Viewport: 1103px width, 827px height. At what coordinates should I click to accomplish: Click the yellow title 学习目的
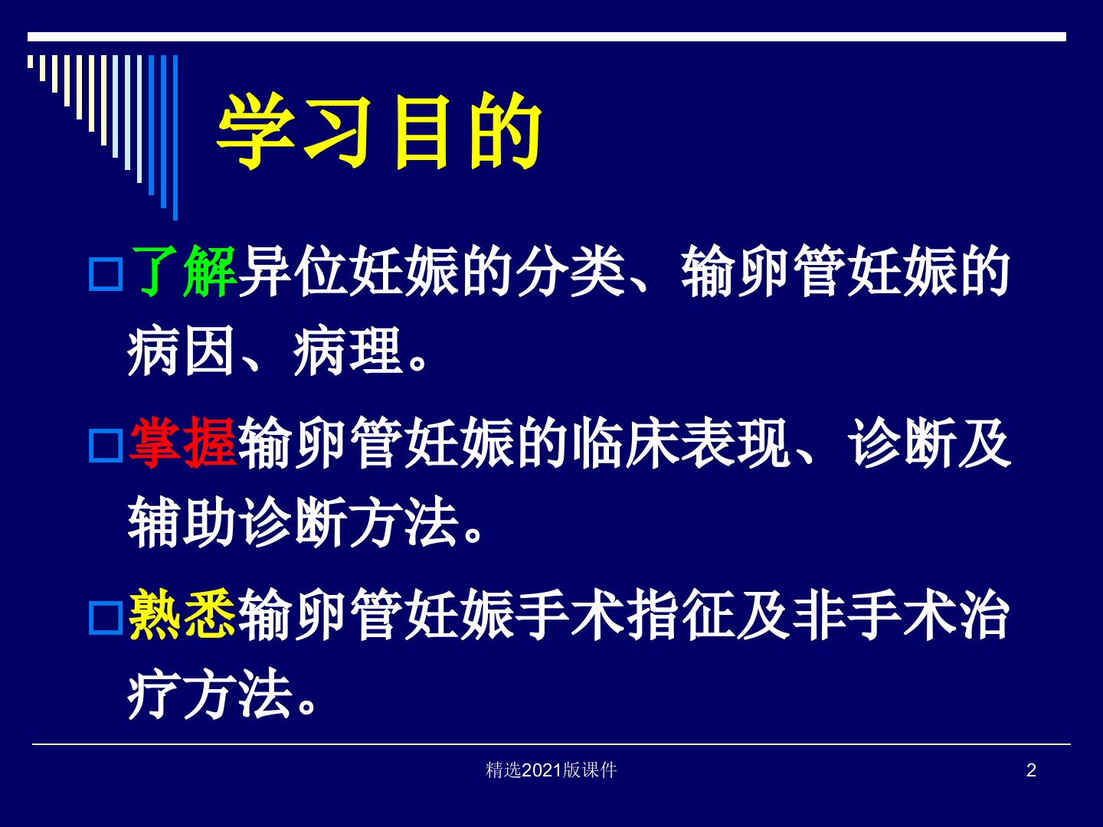[x=379, y=132]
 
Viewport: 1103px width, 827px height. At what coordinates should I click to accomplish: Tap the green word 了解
[x=183, y=272]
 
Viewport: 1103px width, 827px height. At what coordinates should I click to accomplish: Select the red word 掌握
[x=182, y=443]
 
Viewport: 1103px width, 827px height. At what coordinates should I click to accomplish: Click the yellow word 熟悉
[x=182, y=614]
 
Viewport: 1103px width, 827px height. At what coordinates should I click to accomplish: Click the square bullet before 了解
[x=106, y=274]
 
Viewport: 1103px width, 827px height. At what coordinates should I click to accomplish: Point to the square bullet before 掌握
[x=106, y=446]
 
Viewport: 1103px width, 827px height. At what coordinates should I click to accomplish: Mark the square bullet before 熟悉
[x=106, y=618]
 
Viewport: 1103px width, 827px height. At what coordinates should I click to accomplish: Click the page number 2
[x=1031, y=770]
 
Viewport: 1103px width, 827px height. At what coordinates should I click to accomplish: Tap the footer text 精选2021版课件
[x=551, y=770]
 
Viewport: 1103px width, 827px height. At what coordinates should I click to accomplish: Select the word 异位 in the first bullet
[x=293, y=272]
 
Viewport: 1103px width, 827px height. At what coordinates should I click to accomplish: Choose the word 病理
[x=348, y=351]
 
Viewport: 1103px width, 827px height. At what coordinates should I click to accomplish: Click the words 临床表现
[x=681, y=443]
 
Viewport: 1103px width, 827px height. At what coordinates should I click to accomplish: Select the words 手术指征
[x=626, y=614]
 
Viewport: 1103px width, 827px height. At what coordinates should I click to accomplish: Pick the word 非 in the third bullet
[x=819, y=614]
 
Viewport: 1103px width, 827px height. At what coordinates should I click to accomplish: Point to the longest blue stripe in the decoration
[x=175, y=138]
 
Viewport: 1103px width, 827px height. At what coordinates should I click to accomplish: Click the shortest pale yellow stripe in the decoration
[x=30, y=62]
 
